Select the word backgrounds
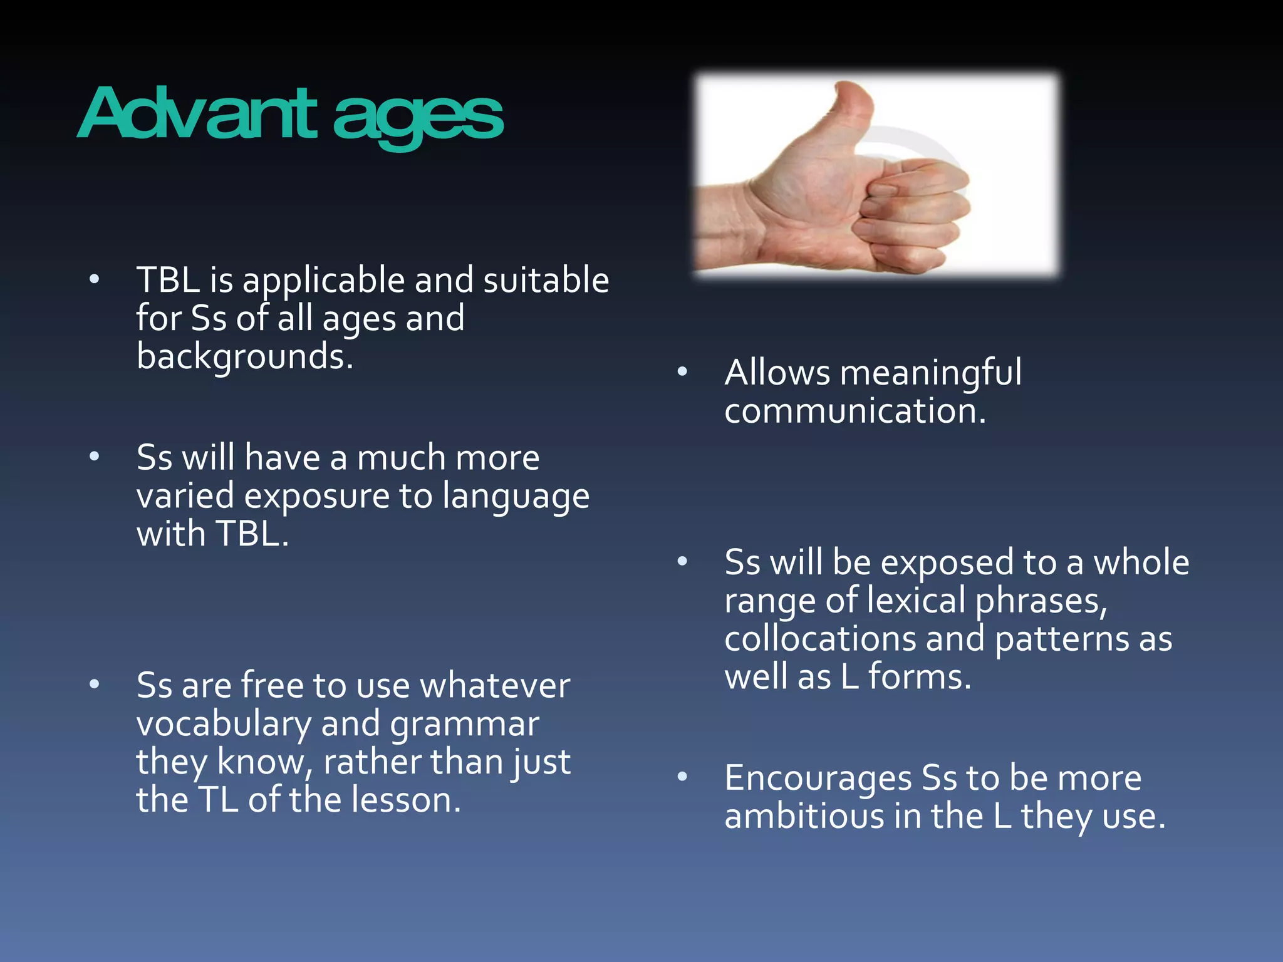click(244, 356)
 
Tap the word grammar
click(464, 724)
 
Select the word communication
click(854, 411)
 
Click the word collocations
click(820, 639)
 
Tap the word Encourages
click(818, 778)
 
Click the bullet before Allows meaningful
click(682, 372)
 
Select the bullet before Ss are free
click(94, 684)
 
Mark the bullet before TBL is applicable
click(94, 279)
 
